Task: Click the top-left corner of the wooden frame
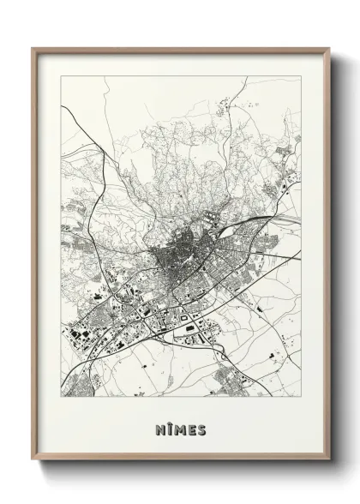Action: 33,48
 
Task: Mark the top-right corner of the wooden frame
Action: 330,48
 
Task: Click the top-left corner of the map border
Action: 62,75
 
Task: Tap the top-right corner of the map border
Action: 301,75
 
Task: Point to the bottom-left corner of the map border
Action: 62,396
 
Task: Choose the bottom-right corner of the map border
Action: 301,396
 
